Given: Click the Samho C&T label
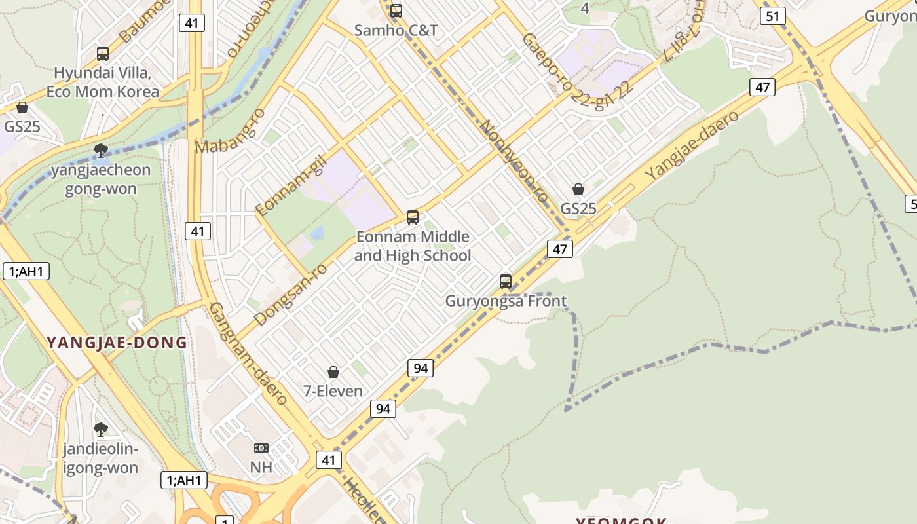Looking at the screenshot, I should (396, 30).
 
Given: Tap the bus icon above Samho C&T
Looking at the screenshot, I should (396, 11).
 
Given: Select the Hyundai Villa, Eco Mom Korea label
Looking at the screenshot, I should (103, 82).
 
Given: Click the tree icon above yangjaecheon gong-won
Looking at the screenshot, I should (101, 151).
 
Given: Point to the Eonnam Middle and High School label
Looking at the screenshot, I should (413, 246).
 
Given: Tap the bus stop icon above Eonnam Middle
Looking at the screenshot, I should (413, 217).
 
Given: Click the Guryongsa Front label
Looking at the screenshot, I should (506, 301).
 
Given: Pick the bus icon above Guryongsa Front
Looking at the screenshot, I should (506, 282).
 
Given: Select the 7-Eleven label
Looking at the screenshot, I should (333, 391).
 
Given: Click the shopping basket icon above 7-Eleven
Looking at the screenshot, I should (333, 372).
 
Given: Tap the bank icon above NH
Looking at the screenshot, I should (261, 448).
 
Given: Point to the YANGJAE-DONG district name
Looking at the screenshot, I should (117, 342).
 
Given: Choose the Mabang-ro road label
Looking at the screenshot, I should (231, 131).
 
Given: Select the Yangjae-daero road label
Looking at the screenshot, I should (692, 146).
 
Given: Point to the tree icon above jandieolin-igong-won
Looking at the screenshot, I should (101, 430).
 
